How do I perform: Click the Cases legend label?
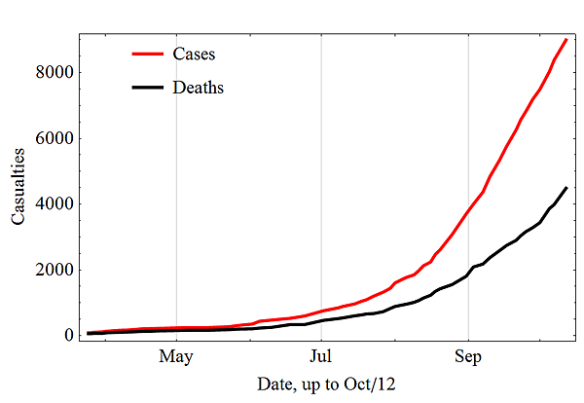click(x=194, y=53)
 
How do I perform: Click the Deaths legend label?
click(x=199, y=88)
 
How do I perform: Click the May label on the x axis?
click(x=176, y=355)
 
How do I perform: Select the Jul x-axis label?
click(x=321, y=355)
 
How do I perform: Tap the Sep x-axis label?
click(x=468, y=355)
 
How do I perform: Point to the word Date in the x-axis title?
click(x=276, y=385)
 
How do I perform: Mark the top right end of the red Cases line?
click(x=566, y=39)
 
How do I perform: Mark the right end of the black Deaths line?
click(x=566, y=188)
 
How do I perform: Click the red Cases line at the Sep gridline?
click(x=468, y=213)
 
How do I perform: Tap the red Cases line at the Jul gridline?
click(x=321, y=311)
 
